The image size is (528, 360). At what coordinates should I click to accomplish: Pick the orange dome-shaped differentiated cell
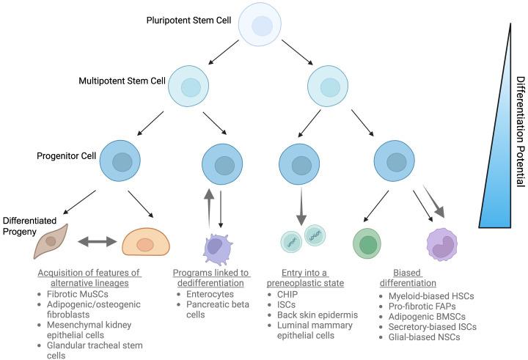pos(145,243)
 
